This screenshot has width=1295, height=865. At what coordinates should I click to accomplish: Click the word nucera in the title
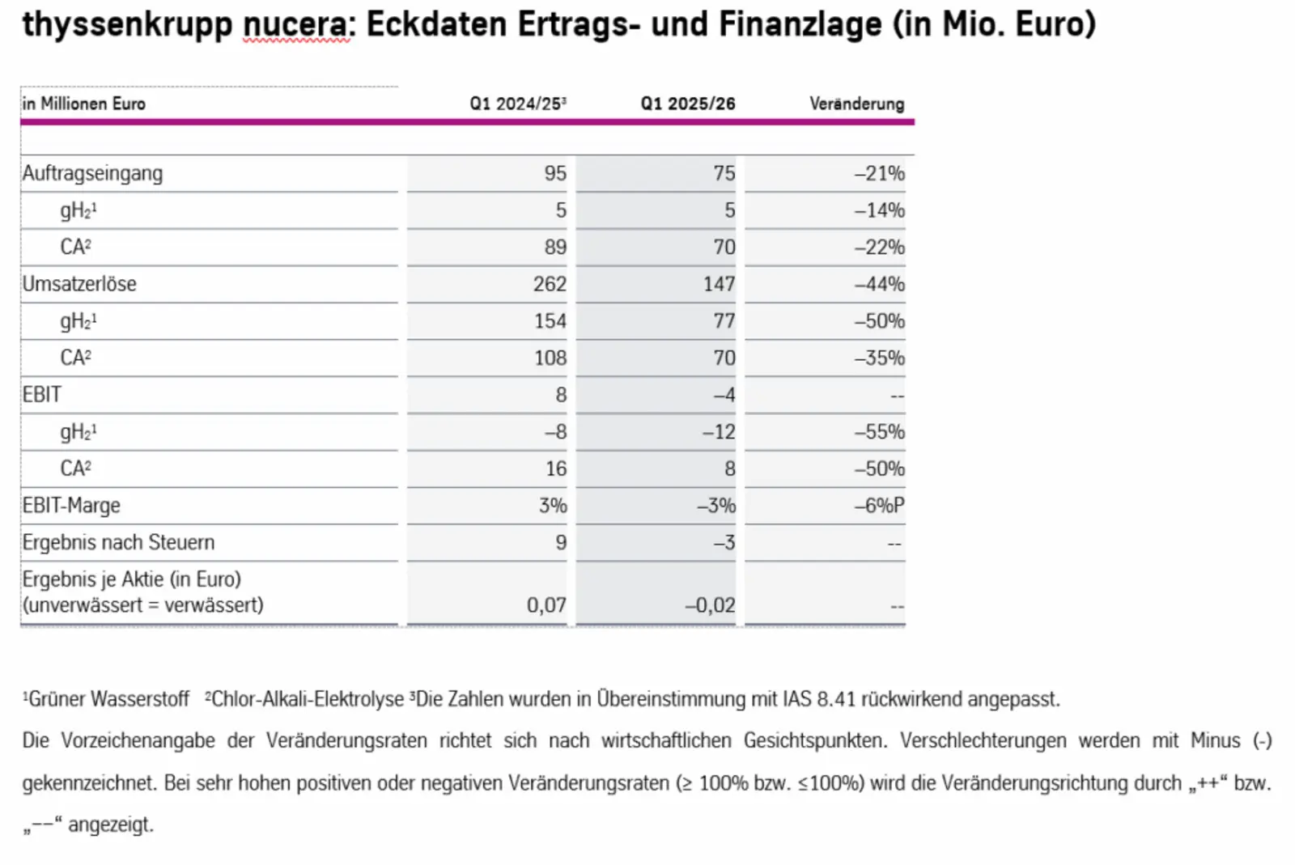click(296, 24)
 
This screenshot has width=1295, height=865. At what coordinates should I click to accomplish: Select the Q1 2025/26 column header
click(687, 104)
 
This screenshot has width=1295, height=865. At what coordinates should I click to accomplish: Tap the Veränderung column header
click(856, 104)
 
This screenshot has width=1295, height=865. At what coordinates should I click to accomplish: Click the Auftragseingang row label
click(92, 173)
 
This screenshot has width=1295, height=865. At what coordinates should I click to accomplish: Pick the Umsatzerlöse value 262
click(550, 284)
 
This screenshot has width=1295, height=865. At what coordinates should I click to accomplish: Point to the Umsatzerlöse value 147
click(719, 284)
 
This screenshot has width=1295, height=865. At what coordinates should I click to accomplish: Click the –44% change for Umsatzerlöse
click(879, 284)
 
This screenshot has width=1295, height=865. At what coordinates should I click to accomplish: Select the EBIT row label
click(42, 395)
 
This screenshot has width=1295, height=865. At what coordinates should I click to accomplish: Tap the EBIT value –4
click(724, 395)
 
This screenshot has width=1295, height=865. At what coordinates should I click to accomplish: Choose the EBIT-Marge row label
click(71, 506)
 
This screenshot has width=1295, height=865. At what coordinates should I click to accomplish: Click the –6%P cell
click(879, 506)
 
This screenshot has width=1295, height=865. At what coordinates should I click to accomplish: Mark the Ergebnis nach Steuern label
click(118, 542)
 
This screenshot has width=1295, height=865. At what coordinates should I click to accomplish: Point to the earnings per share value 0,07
click(546, 605)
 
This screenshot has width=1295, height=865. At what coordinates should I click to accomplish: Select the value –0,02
click(710, 605)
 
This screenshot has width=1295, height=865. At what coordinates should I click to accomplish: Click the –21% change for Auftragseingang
click(879, 173)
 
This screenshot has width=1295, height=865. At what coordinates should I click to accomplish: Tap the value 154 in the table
click(550, 321)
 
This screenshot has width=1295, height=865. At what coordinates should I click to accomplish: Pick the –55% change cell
click(879, 432)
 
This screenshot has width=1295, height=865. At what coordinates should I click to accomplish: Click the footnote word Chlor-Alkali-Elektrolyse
click(307, 699)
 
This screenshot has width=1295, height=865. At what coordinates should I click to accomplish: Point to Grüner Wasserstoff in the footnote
click(108, 699)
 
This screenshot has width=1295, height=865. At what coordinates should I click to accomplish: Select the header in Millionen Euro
click(84, 104)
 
